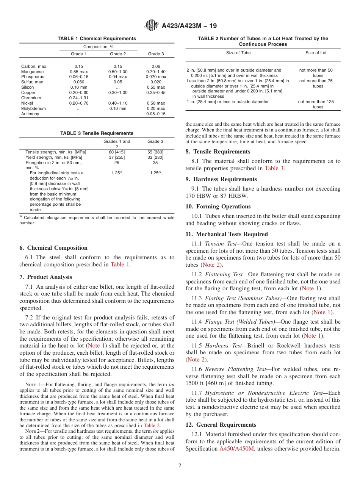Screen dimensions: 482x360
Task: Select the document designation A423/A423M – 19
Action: [189, 26]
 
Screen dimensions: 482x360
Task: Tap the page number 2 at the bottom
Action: [180, 465]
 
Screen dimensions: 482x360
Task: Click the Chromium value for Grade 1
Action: [79, 98]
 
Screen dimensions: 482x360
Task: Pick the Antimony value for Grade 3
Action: [156, 114]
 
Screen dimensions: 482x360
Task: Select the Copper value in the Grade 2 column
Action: [118, 92]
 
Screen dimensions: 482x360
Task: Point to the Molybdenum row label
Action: [33, 108]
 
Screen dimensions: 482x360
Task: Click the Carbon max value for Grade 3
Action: [156, 66]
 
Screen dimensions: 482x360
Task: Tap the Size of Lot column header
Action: [316, 53]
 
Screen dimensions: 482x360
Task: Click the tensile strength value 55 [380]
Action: [155, 152]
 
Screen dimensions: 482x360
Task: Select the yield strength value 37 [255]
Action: [117, 157]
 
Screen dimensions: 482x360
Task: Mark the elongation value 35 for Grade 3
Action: [155, 163]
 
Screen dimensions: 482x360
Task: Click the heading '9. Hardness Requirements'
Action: [221, 179]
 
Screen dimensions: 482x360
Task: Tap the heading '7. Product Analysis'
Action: [45, 277]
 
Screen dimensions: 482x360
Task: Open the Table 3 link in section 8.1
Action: [274, 168]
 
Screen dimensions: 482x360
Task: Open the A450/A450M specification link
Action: [237, 449]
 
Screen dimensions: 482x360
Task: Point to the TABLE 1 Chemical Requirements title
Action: [97, 39]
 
